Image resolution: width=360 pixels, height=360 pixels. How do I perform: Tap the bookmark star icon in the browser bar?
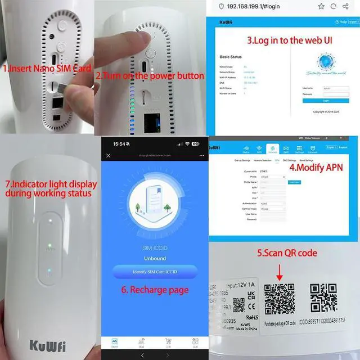[x=321, y=6]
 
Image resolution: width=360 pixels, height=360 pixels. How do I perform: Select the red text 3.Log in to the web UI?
[x=281, y=40]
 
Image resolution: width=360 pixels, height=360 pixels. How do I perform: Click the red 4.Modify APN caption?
[x=316, y=167]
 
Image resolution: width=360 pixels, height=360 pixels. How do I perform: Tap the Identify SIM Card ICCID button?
[x=155, y=272]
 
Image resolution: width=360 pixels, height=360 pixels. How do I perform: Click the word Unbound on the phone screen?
[x=155, y=258]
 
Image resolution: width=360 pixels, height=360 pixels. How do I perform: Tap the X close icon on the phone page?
[x=109, y=155]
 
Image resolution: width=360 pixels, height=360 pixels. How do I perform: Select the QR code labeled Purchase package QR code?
[x=280, y=298]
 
